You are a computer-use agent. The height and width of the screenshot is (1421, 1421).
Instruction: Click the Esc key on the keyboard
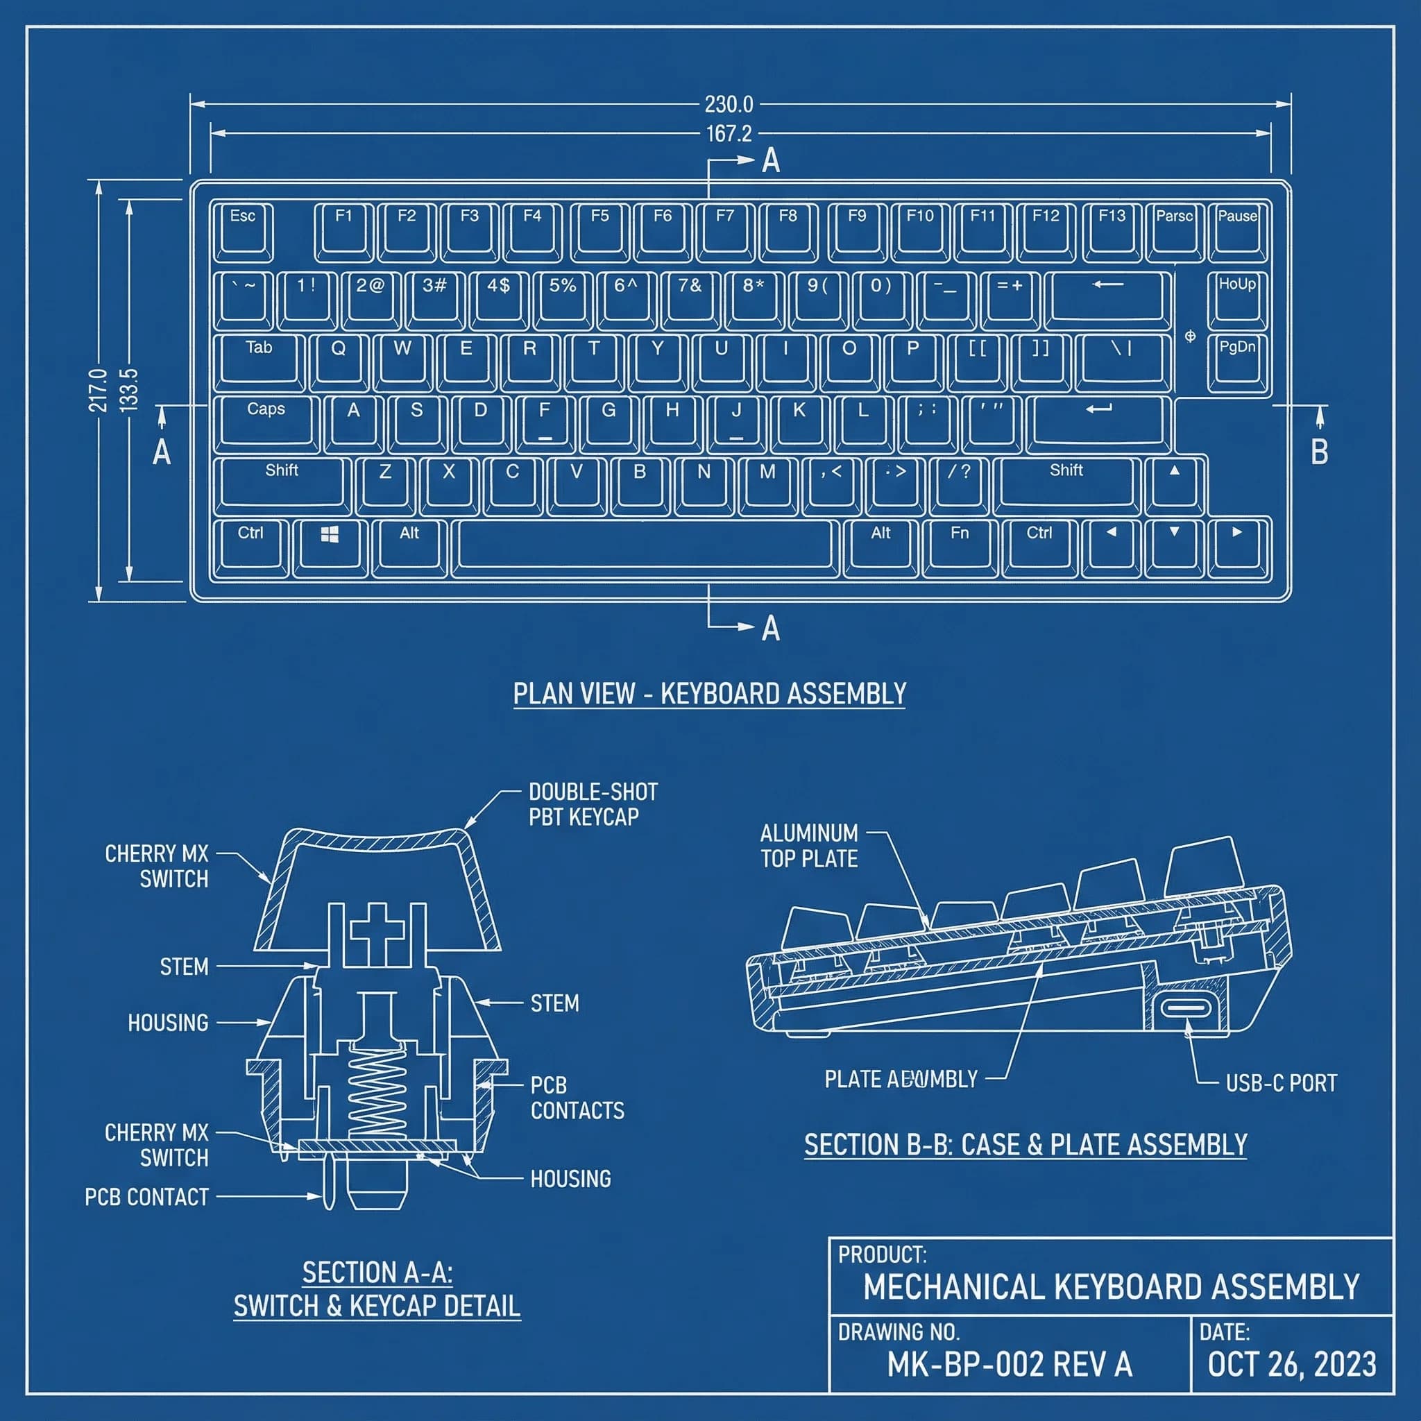[x=243, y=231]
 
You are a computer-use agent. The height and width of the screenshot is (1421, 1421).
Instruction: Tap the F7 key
[x=725, y=231]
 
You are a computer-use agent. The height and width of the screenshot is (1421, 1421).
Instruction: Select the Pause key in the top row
[x=1237, y=231]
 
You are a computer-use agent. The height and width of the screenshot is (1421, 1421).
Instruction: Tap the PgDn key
[x=1237, y=360]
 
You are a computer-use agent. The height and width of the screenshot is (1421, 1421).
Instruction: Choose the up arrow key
[x=1175, y=482]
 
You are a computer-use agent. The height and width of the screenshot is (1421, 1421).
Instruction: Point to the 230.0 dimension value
[x=729, y=105]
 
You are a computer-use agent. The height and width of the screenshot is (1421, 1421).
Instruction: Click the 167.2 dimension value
[x=729, y=134]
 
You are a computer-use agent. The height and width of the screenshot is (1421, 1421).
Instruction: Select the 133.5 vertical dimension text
[x=129, y=390]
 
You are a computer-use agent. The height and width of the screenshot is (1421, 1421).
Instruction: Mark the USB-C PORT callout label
[x=1282, y=1083]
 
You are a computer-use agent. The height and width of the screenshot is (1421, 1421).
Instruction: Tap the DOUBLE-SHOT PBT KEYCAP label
[x=593, y=805]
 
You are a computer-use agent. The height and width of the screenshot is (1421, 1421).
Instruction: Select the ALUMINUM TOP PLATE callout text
[x=809, y=846]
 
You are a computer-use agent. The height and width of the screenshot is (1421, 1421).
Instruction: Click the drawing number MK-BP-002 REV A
[x=1010, y=1365]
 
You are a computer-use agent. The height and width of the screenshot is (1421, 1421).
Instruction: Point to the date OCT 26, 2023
[x=1291, y=1365]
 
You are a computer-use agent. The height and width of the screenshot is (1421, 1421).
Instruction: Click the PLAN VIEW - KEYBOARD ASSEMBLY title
[x=709, y=694]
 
